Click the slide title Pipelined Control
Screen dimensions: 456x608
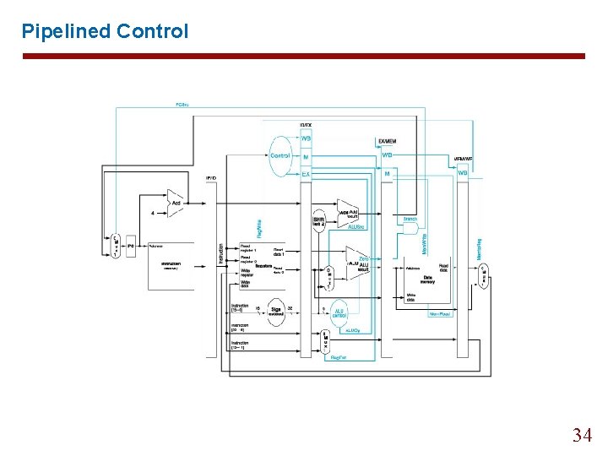tap(105, 31)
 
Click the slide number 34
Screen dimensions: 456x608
tap(582, 435)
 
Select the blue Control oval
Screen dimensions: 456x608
tap(280, 155)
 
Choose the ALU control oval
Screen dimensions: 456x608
tap(338, 312)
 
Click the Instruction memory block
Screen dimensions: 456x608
tap(171, 265)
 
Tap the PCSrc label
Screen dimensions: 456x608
tap(182, 105)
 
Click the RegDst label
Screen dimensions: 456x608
tap(339, 357)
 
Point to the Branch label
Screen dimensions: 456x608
tap(410, 219)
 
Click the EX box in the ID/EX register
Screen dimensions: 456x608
tap(306, 174)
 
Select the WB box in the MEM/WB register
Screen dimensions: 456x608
tap(463, 173)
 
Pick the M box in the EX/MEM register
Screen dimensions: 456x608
tap(387, 174)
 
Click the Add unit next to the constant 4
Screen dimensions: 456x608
tap(175, 204)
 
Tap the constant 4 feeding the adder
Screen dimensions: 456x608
tap(152, 213)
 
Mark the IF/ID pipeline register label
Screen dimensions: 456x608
tap(211, 178)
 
